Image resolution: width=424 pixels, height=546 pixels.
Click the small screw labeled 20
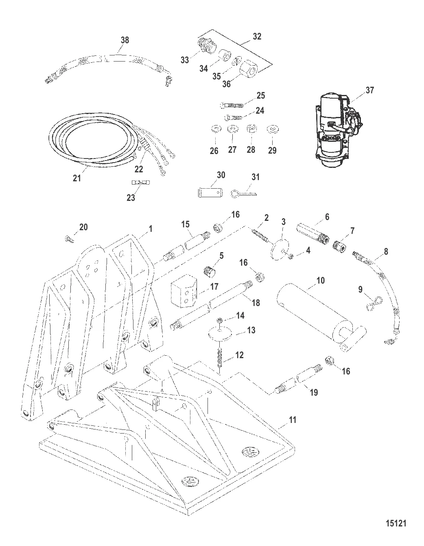coord(68,239)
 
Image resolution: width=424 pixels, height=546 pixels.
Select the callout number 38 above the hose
coord(125,40)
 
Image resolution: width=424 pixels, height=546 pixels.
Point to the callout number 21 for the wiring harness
coord(77,178)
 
